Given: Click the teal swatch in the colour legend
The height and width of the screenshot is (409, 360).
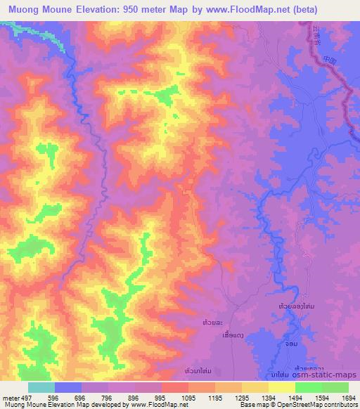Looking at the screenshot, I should [41, 387].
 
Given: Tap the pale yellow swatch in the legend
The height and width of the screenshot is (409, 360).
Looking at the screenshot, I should [281, 387].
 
